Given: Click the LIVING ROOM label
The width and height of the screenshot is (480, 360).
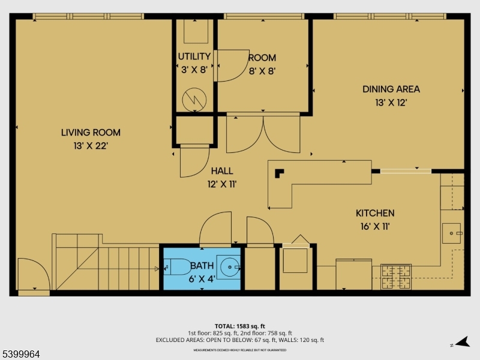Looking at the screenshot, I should click(x=91, y=133).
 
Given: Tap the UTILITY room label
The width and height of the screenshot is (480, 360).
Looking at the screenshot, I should click(x=194, y=57).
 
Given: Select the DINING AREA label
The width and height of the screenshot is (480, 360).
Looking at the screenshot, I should click(x=391, y=89).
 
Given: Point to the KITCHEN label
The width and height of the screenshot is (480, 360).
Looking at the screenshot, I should click(x=375, y=213).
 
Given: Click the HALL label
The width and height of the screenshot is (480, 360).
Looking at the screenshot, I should click(x=221, y=171).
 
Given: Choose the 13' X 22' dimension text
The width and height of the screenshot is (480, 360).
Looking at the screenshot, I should click(x=91, y=145).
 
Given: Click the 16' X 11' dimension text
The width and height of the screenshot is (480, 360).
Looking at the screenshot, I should click(x=375, y=226).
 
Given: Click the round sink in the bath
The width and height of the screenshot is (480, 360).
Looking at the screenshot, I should click(x=229, y=265).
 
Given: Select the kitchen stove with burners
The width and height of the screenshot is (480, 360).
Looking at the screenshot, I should click(x=396, y=276).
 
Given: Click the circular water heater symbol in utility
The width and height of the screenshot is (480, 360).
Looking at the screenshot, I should click(x=194, y=99).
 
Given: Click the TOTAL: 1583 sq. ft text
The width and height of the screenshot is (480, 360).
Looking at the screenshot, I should click(x=239, y=326).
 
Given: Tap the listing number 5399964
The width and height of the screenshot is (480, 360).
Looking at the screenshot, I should click(x=21, y=355).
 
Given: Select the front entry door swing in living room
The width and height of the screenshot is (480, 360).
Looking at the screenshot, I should click(x=34, y=276).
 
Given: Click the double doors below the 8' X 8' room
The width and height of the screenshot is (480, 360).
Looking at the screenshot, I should click(x=263, y=134).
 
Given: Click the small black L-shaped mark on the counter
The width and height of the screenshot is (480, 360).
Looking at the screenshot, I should click(x=279, y=173).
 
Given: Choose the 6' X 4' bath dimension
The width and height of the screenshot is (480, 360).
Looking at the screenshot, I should click(x=202, y=278).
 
